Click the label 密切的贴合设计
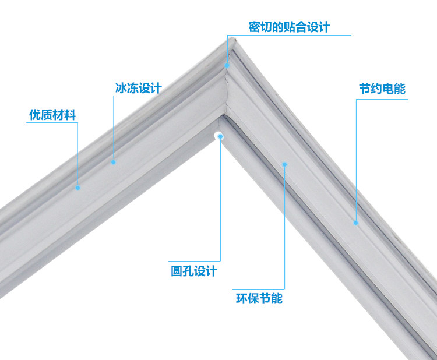(289, 27)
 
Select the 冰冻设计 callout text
(138, 88)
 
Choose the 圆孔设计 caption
(193, 271)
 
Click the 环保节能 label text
(259, 299)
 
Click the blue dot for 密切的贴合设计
(228, 65)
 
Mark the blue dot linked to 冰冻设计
(114, 162)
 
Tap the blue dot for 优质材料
(77, 188)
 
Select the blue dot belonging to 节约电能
(355, 221)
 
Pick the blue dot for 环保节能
(284, 164)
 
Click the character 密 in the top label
(254, 27)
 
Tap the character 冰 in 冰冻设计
(121, 88)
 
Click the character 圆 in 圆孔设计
(176, 271)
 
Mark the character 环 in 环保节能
(241, 299)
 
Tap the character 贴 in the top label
(289, 27)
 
